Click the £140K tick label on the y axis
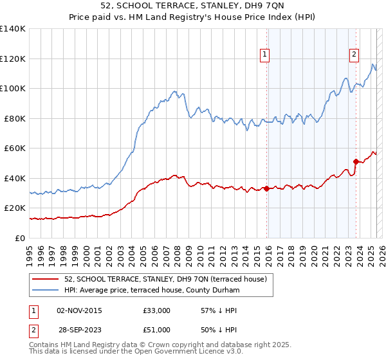pyautogui.click(x=13, y=29)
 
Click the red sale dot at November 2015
pyautogui.click(x=266, y=188)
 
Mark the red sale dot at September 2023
pyautogui.click(x=356, y=161)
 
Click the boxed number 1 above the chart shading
pyautogui.click(x=265, y=55)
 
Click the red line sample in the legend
pyautogui.click(x=45, y=278)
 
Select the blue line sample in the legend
pyautogui.click(x=45, y=291)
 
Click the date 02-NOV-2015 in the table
pyautogui.click(x=79, y=310)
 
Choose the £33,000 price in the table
pyautogui.click(x=157, y=310)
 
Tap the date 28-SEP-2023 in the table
pyautogui.click(x=79, y=329)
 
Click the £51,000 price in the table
pyautogui.click(x=157, y=329)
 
